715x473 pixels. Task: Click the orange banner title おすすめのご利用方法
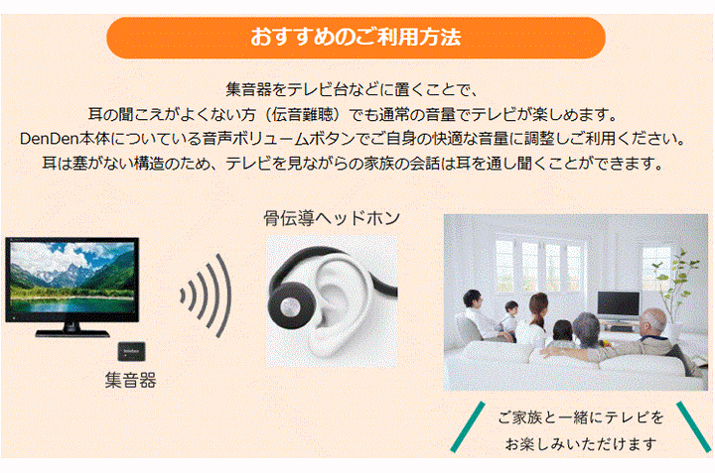coord(356,37)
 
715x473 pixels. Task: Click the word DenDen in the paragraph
coord(50,139)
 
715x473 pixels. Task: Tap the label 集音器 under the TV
coord(130,380)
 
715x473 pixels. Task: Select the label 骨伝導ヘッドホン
coord(332,218)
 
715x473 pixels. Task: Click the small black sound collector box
coord(132,351)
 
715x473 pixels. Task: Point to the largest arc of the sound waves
coord(224,296)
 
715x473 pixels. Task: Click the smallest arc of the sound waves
coord(183,296)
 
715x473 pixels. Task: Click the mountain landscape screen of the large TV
coord(72,278)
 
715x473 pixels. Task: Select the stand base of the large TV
coord(72,333)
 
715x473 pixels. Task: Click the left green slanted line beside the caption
coord(467,427)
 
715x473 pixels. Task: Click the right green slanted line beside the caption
coord(693,427)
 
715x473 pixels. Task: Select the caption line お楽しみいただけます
coord(581,444)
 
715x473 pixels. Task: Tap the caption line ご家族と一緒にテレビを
coord(581,417)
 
